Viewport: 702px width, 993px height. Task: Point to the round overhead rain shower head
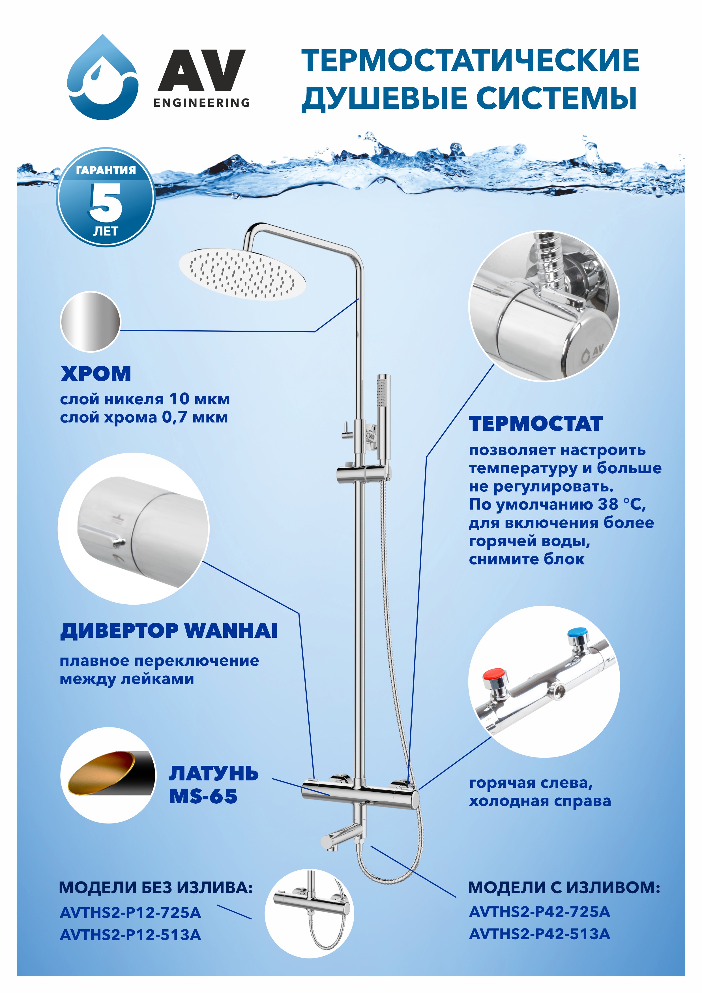(x=242, y=274)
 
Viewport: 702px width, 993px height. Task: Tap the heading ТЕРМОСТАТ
(x=536, y=423)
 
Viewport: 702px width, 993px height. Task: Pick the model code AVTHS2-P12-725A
(x=130, y=913)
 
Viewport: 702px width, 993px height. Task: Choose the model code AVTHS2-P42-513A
(x=540, y=934)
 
